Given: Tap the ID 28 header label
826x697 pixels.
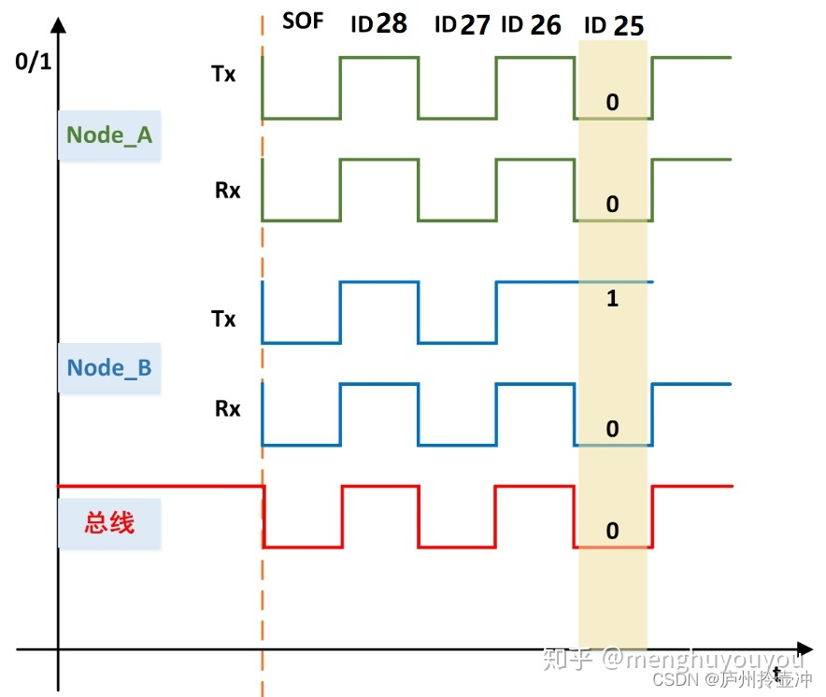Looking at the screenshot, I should click(379, 24).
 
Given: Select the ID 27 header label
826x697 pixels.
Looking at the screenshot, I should click(463, 25).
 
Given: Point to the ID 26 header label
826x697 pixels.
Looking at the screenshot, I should click(531, 25).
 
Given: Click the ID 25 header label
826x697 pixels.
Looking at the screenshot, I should click(614, 26).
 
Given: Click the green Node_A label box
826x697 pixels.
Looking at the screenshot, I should click(109, 135).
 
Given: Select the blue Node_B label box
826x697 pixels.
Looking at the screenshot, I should click(108, 367).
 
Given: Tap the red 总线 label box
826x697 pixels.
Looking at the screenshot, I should click(109, 522).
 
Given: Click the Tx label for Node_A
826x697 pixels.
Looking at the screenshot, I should click(222, 74).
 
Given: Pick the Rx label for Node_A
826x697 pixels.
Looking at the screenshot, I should click(227, 191).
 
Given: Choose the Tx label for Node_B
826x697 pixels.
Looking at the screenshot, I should click(222, 320).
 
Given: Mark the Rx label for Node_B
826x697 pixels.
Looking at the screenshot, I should click(227, 408).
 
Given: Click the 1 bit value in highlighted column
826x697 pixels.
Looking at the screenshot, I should click(612, 300).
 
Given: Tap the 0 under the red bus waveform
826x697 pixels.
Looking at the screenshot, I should click(612, 531).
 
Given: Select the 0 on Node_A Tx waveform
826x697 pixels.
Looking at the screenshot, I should click(612, 102).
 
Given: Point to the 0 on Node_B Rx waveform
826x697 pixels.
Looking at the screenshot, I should click(612, 429).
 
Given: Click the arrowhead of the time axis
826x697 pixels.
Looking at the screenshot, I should click(804, 647).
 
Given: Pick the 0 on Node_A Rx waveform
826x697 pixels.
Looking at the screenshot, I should click(612, 204).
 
